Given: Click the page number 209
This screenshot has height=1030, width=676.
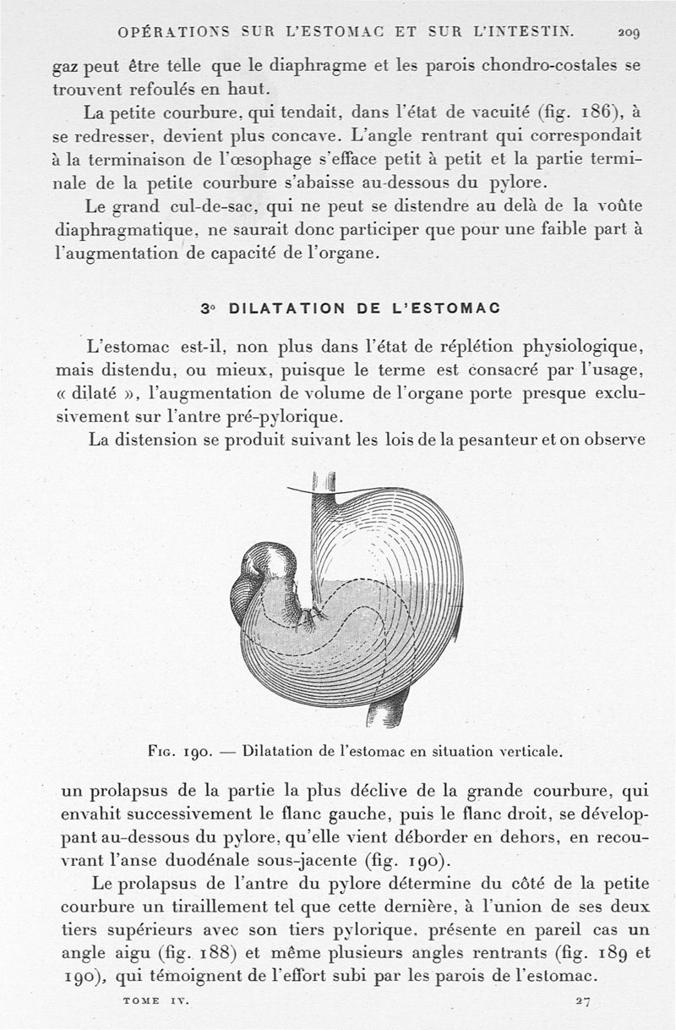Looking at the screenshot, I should click(629, 33).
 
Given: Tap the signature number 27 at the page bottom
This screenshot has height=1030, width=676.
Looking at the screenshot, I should click(582, 1000).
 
